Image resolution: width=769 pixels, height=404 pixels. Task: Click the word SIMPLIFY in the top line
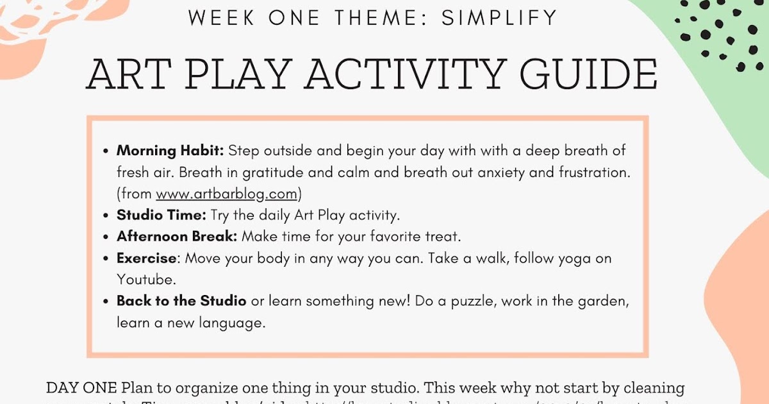[500, 18]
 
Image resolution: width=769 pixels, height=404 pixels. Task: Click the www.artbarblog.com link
[226, 194]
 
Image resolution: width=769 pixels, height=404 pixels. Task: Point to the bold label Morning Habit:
[170, 151]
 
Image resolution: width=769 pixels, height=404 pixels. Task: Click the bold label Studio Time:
[161, 215]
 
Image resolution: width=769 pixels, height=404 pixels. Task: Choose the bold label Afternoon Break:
[177, 236]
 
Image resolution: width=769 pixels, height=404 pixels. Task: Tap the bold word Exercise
[146, 258]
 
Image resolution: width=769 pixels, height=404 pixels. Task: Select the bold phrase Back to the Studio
[181, 301]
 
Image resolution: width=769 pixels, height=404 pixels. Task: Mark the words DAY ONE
[81, 388]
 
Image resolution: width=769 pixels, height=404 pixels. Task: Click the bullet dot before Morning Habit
[106, 152]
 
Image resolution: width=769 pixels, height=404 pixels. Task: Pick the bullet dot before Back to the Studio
[106, 301]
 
